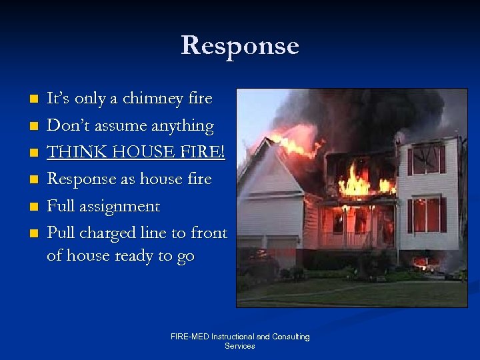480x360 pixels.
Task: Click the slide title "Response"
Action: coord(240,45)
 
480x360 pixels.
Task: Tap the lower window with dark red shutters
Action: coord(426,215)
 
